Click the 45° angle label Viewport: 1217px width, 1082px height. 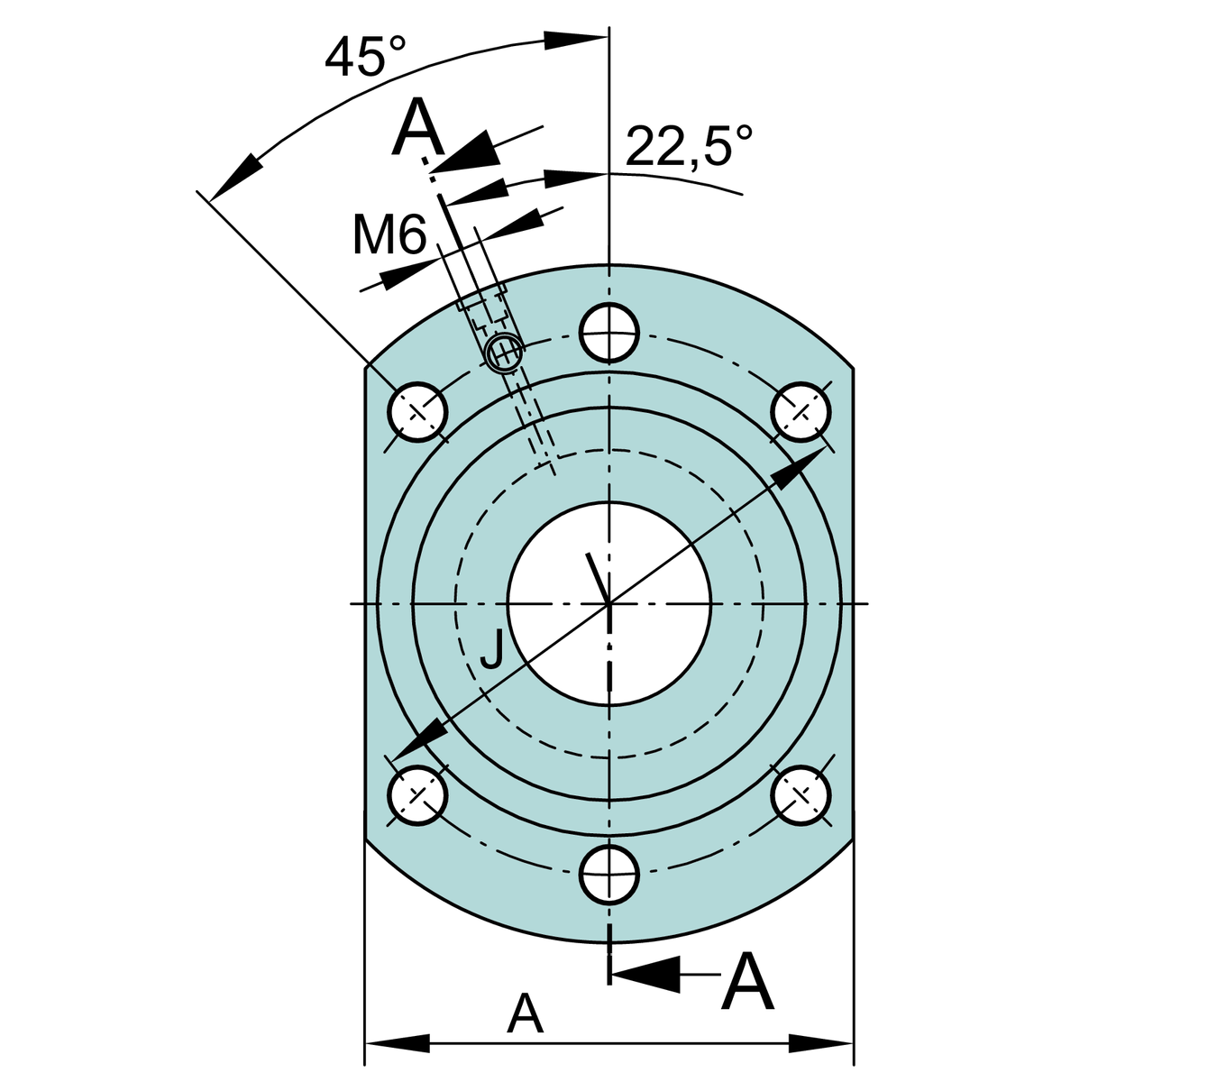[x=365, y=58]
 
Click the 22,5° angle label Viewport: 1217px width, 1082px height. [x=688, y=146]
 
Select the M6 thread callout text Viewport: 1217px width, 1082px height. [x=389, y=236]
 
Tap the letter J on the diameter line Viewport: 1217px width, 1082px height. [x=492, y=649]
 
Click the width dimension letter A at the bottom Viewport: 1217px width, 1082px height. [x=525, y=1014]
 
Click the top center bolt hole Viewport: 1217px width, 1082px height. [x=609, y=333]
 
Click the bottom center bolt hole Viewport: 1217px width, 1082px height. [x=609, y=874]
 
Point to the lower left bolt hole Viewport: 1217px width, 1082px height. [x=417, y=794]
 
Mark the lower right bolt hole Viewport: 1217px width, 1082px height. [x=801, y=794]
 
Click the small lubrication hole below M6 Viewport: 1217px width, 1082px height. [x=503, y=352]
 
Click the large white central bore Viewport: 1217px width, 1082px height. [x=609, y=602]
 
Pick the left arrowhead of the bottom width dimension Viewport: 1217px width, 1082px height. [x=397, y=1043]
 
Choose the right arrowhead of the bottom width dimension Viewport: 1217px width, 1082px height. [x=820, y=1043]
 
